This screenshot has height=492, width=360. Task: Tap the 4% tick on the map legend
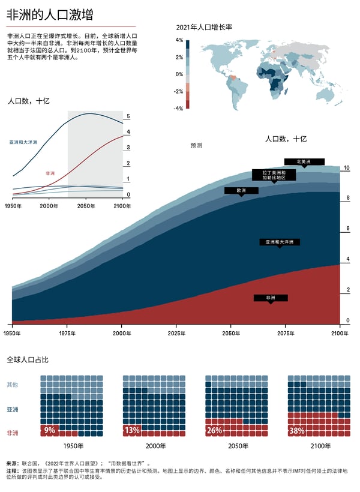coord(179,41)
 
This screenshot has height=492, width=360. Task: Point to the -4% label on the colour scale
coord(178,109)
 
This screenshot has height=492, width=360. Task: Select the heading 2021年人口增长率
coord(204,28)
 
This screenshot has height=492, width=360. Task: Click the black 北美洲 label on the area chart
coord(304,161)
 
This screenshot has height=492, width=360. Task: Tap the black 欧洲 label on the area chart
coord(241,190)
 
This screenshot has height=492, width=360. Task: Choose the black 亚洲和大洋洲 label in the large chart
coord(280,242)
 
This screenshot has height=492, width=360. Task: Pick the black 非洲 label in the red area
coord(271,298)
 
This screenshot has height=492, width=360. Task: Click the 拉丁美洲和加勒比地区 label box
coord(274,175)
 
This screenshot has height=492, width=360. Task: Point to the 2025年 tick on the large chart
coord(176,332)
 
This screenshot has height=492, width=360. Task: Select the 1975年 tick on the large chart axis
coord(67,332)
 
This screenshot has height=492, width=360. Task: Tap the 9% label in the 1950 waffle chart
coord(49,430)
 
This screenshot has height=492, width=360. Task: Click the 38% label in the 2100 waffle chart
coord(296,430)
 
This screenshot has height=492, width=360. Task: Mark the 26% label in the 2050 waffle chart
coord(214,430)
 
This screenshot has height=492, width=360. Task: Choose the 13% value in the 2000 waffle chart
coord(131,430)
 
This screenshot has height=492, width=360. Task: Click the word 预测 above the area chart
coord(196,145)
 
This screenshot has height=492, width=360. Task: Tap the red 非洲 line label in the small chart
coord(50,173)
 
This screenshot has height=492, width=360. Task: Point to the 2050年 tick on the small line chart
coord(86,206)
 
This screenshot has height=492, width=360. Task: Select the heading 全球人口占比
coord(28,360)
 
